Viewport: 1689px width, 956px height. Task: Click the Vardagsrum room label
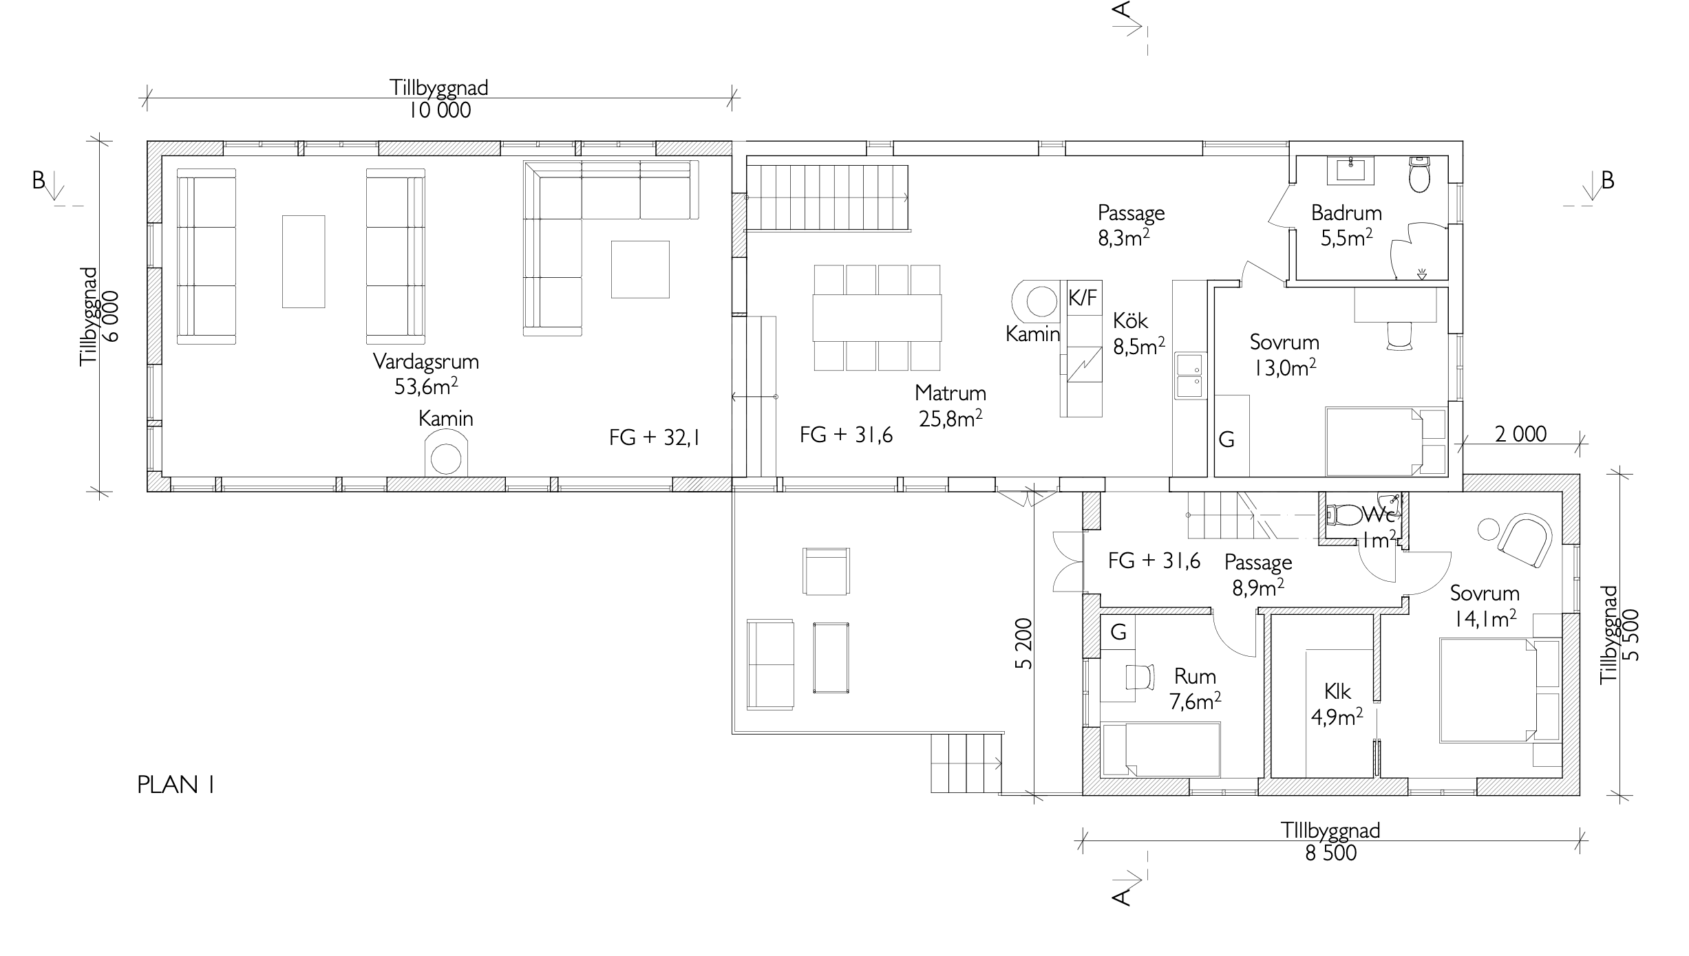pyautogui.click(x=426, y=361)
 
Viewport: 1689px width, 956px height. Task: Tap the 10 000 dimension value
pyautogui.click(x=439, y=110)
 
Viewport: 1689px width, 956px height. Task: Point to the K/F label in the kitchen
pyautogui.click(x=1083, y=298)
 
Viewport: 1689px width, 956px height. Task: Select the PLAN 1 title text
pyautogui.click(x=176, y=785)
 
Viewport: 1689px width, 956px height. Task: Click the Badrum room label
pyautogui.click(x=1346, y=213)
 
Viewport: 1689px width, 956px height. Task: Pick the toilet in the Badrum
pyautogui.click(x=1419, y=175)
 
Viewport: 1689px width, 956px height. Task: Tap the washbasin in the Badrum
pyautogui.click(x=1355, y=169)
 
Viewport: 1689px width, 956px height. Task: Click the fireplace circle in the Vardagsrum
pyautogui.click(x=445, y=459)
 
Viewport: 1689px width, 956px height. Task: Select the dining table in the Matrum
pyautogui.click(x=877, y=318)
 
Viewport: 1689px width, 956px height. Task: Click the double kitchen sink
pyautogui.click(x=1190, y=376)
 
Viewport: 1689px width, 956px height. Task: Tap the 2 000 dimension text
pyautogui.click(x=1520, y=434)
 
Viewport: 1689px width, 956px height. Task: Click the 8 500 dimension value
pyautogui.click(x=1330, y=853)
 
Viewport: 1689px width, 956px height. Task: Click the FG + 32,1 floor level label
pyautogui.click(x=654, y=438)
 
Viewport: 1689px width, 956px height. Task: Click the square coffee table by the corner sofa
pyautogui.click(x=640, y=270)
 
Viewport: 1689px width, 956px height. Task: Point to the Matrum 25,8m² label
pyautogui.click(x=950, y=406)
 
